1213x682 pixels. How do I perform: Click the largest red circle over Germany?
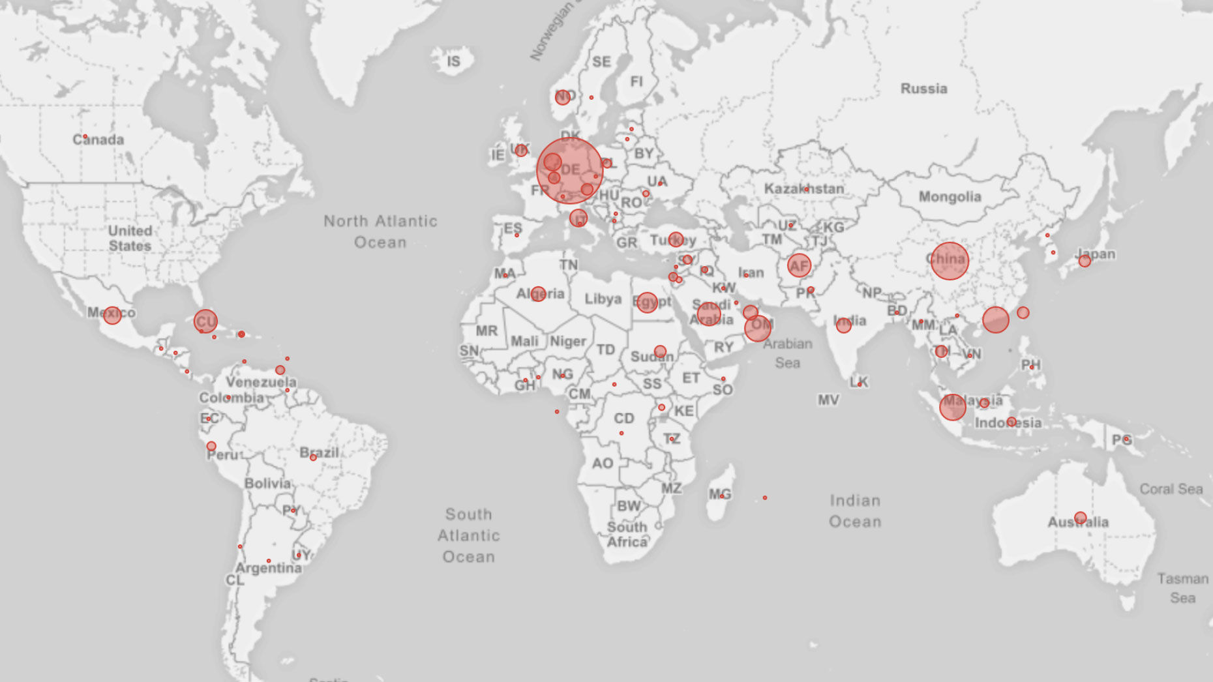569,171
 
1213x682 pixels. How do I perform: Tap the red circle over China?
949,261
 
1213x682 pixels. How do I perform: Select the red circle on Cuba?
205,321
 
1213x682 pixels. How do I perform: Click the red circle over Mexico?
112,316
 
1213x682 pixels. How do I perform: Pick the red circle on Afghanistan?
799,265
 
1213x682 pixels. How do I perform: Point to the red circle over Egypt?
647,302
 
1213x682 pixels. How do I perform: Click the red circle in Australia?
1080,518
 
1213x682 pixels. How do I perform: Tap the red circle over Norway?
563,97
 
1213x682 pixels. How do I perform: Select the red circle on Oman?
758,328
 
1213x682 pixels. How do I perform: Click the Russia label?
923,89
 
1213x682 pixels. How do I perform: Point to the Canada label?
98,140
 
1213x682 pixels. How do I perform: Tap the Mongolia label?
950,197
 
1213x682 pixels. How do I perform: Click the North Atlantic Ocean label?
380,231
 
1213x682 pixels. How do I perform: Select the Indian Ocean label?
855,511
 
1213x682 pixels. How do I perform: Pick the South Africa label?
627,534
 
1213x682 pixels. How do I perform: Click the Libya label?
603,299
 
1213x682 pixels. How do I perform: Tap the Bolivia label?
267,483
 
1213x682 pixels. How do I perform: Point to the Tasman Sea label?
1182,588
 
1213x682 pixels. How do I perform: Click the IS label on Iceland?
453,61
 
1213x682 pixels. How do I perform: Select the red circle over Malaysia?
952,407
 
